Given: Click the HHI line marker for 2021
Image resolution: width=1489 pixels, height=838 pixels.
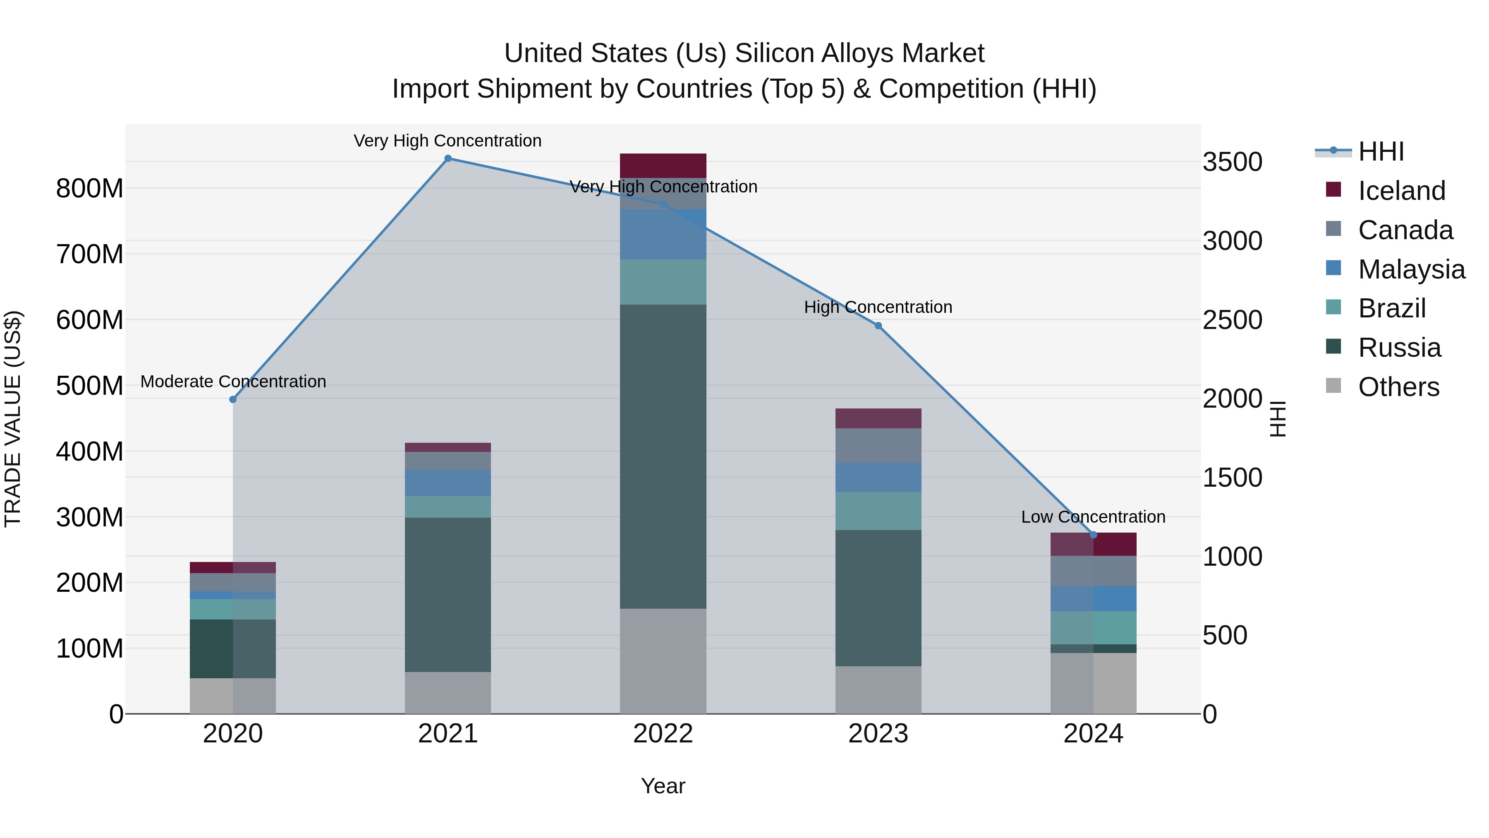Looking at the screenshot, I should coord(448,158).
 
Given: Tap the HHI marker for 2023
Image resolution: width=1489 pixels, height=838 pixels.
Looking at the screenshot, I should coord(878,326).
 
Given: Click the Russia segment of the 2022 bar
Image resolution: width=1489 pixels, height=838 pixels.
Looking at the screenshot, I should coord(663,457).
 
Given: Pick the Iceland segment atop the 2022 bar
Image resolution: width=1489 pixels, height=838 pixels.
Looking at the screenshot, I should coord(663,166).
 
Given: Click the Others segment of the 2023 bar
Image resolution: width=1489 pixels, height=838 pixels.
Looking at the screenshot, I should coord(878,690).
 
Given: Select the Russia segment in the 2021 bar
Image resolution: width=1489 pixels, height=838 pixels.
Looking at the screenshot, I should coord(448,595).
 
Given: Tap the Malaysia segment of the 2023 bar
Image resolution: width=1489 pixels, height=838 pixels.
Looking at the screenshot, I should coord(878,477).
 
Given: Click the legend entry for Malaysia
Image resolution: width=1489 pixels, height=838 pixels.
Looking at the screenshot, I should coord(1411,269).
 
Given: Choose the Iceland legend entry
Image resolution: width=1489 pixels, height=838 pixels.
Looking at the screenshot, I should coord(1401,191).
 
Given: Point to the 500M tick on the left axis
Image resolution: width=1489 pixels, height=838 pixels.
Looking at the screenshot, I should coord(90,386).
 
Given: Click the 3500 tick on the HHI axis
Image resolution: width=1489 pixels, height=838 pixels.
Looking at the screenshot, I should coord(1233,162).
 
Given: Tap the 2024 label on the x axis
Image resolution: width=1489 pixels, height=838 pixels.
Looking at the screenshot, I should coord(1093,734).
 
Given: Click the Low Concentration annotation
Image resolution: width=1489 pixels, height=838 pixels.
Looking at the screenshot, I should coord(1093,516).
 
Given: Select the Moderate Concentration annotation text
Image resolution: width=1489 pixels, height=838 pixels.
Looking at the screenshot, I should coord(233,382).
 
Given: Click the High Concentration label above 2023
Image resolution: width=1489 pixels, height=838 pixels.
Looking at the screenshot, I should coord(878,307).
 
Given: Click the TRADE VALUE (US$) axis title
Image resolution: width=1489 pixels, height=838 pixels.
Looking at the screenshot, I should coord(13,419).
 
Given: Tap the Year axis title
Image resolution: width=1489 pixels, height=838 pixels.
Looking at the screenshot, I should coord(663,786).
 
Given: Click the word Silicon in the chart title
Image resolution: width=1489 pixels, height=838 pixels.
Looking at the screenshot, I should coord(772,53).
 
